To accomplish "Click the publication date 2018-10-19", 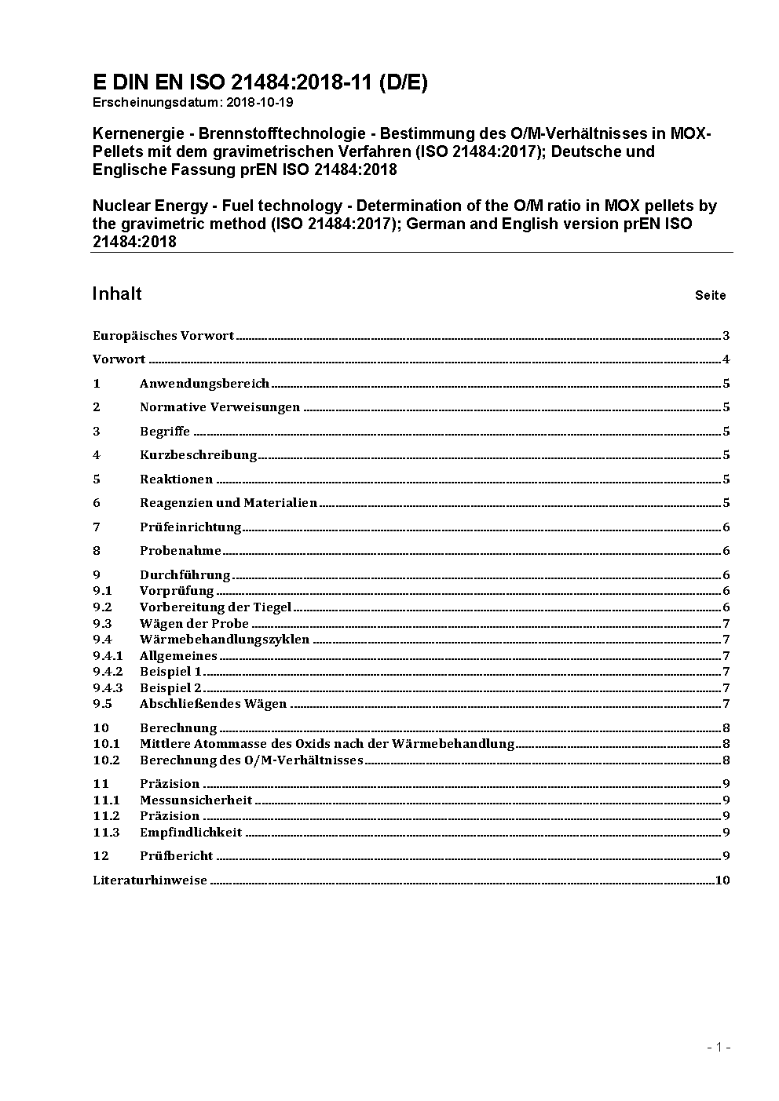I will coord(260,103).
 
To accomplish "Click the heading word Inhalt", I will coord(117,293).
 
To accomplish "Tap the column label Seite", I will coord(710,296).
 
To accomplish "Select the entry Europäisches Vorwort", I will coord(163,336).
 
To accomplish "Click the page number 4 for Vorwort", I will coord(726,360).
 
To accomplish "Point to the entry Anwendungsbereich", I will coord(204,384).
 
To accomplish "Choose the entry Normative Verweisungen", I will coord(220,407).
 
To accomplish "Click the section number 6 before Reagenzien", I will coord(97,503).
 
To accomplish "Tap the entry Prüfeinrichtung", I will coord(190,527).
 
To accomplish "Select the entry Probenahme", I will coord(181,551).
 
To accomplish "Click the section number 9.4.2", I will coord(108,672).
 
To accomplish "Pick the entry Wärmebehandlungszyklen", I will coord(225,640).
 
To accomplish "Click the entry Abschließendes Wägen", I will coord(213,704).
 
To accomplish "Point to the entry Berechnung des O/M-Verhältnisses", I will coord(251,760).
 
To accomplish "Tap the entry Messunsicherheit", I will coord(196,800).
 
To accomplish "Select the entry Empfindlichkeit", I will coord(191,833).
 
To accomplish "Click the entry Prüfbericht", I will coord(176,856).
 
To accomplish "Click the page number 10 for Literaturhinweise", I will coord(722,880).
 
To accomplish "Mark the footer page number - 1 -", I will coord(719,1047).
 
